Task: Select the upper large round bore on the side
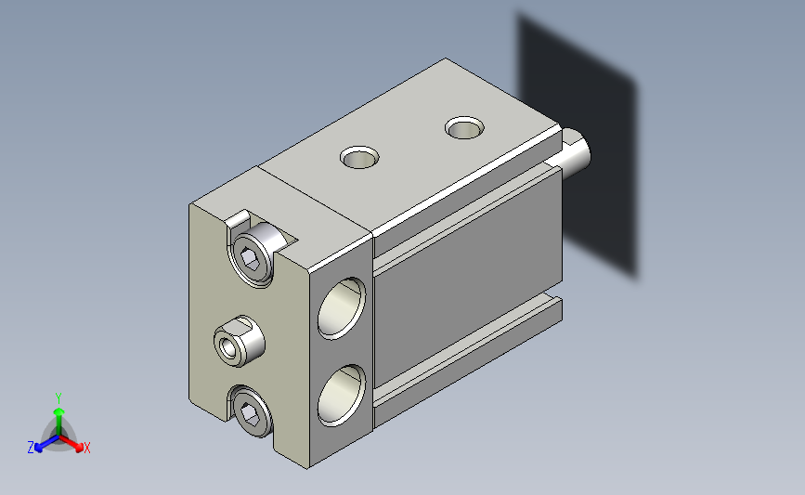(342, 308)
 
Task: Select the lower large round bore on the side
(342, 395)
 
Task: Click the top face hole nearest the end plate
(359, 157)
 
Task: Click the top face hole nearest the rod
(464, 127)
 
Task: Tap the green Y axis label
(58, 398)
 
